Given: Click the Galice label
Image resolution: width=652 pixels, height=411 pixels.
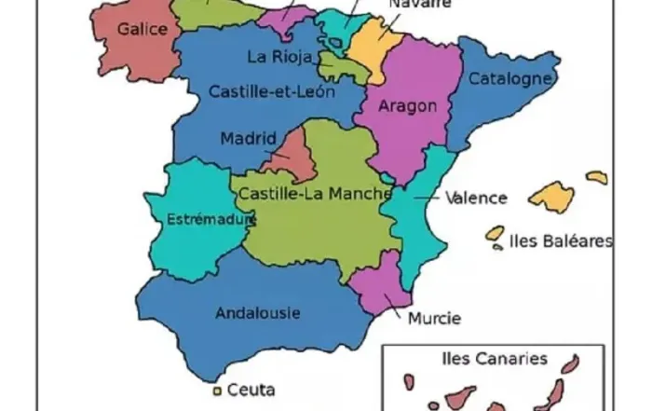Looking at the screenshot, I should (143, 29).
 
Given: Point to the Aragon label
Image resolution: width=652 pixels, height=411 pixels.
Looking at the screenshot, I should (407, 105).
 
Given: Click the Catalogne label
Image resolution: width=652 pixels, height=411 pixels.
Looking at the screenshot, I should (509, 79).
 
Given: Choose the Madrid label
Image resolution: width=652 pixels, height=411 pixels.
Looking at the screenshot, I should (248, 139).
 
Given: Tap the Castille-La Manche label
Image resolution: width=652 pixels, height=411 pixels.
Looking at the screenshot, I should (313, 193).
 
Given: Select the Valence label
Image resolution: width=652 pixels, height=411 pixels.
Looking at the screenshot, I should (476, 198).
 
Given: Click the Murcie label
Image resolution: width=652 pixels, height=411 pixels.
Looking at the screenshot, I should (433, 319).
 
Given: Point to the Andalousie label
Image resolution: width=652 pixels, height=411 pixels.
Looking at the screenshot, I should (257, 313).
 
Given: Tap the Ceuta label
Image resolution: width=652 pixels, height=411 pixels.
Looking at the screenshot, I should (251, 390).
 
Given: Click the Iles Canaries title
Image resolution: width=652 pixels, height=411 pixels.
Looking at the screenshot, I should (493, 358).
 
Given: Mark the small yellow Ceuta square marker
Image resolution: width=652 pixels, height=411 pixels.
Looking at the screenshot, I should (216, 390).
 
